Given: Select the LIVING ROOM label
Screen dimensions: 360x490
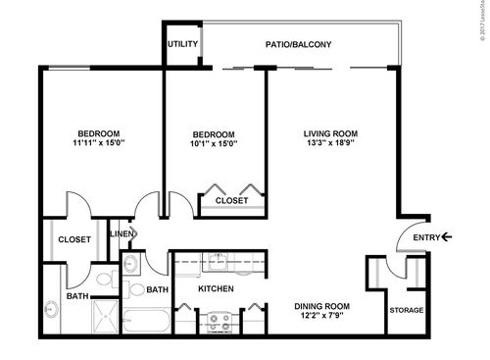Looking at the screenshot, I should point(330,133).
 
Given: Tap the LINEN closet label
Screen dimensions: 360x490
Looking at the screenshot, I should point(121,233).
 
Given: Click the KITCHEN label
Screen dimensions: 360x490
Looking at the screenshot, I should point(216,289).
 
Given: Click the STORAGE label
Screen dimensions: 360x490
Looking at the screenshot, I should point(407,311).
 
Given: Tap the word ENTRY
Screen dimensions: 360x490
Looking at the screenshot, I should point(426,236).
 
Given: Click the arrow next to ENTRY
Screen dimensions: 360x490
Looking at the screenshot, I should point(447,236).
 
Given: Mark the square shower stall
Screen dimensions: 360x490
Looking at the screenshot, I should point(103,319).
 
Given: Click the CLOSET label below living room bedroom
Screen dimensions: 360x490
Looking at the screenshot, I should point(231,201).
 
